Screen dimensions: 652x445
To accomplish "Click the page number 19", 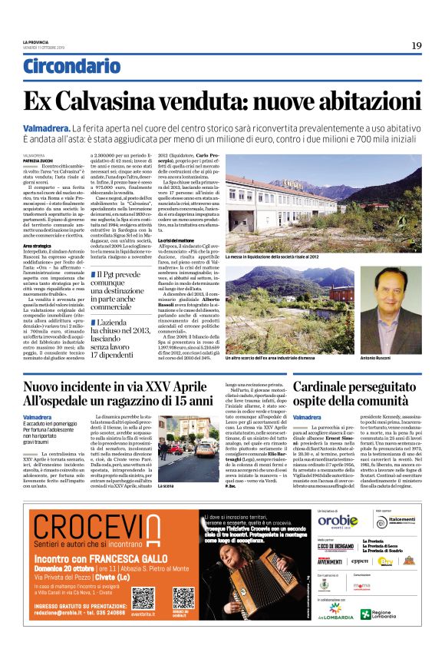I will pyautogui.click(x=416, y=45).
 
